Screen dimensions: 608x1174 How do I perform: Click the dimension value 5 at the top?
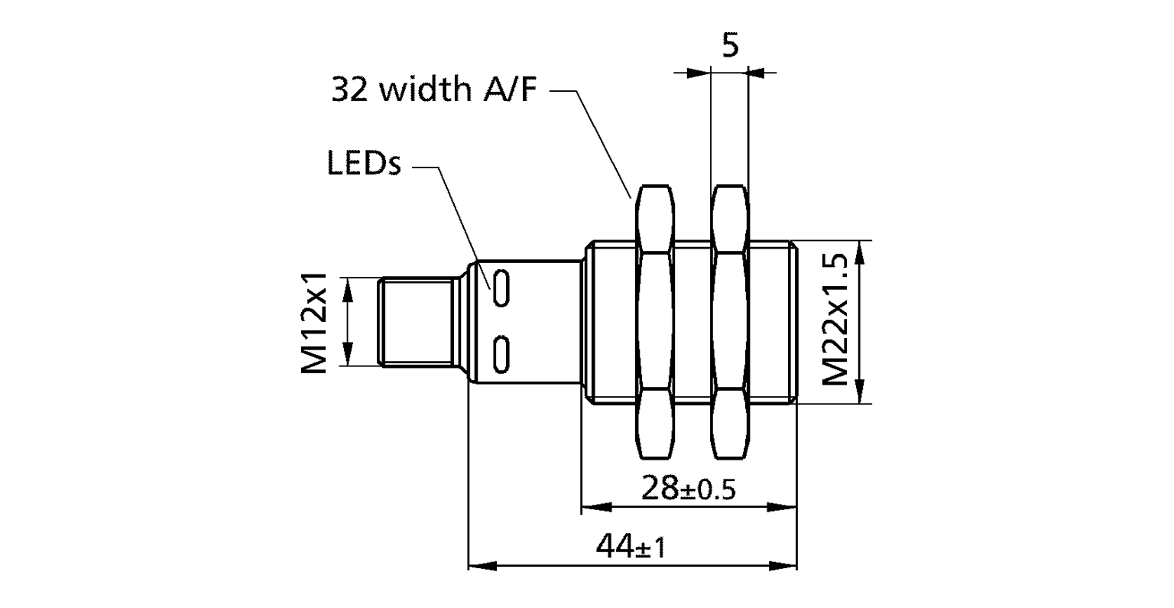pyautogui.click(x=731, y=46)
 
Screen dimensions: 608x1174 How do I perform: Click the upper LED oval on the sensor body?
pyautogui.click(x=501, y=288)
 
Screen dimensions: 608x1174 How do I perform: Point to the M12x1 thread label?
pyautogui.click(x=313, y=322)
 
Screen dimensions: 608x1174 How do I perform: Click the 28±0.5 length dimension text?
pyautogui.click(x=688, y=488)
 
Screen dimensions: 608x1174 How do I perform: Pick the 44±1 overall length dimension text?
pyautogui.click(x=631, y=547)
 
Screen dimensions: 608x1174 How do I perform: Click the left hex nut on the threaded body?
pyautogui.click(x=655, y=322)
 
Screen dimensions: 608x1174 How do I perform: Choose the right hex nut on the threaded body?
pyautogui.click(x=730, y=322)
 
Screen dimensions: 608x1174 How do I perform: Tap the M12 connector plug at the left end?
pyautogui.click(x=417, y=322)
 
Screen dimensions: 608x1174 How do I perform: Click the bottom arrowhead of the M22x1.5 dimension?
pyautogui.click(x=861, y=391)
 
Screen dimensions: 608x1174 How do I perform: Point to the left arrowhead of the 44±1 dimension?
pyautogui.click(x=478, y=567)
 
